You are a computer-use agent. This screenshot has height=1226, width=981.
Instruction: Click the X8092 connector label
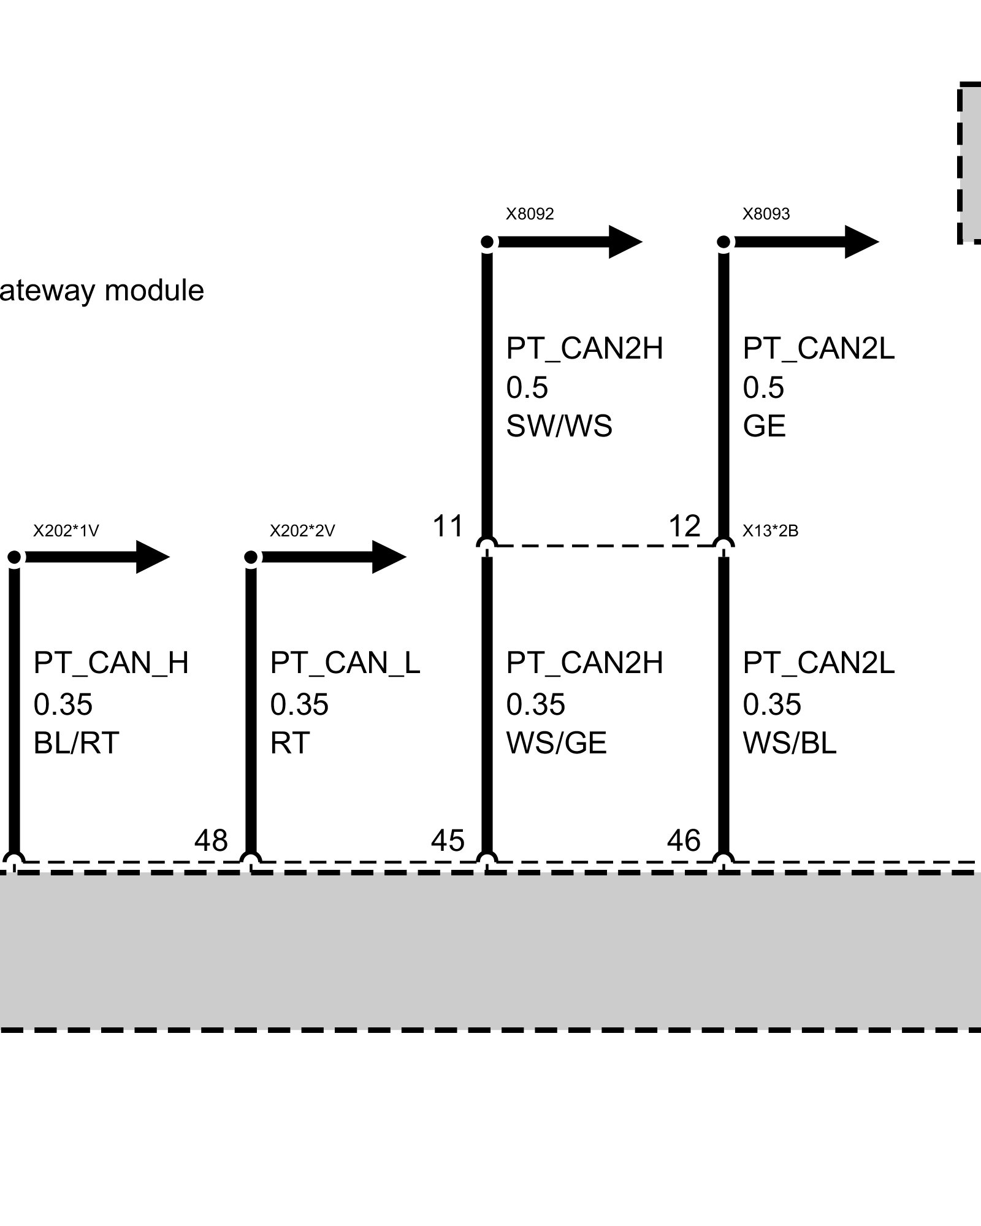tap(530, 214)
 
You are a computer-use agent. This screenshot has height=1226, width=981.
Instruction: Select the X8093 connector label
tap(766, 214)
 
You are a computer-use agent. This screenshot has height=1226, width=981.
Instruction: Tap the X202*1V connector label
tap(66, 530)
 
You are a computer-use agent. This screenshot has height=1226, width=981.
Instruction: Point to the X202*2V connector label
tap(302, 530)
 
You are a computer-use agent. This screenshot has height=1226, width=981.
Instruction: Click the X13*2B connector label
tap(771, 530)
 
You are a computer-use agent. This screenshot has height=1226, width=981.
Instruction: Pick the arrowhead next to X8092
tap(625, 242)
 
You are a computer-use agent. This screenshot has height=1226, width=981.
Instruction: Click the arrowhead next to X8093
tap(862, 242)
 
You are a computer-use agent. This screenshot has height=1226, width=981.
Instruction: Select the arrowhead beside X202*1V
tap(153, 557)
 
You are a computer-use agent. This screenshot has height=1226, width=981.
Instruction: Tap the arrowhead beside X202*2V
tap(389, 557)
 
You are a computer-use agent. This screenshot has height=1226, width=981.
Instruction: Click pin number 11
tap(448, 526)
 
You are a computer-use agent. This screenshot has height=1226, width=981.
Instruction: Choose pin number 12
tap(684, 526)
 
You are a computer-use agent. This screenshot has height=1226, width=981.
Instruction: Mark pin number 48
tap(211, 840)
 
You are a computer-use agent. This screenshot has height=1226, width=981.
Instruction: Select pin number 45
tap(448, 840)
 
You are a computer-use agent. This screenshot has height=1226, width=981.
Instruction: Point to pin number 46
tap(684, 840)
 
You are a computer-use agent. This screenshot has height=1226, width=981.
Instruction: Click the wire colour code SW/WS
tap(559, 425)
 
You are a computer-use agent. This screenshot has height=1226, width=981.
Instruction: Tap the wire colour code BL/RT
tap(76, 743)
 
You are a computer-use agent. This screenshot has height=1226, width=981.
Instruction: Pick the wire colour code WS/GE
tap(556, 743)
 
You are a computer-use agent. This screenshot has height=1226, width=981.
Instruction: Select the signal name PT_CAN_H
tap(111, 663)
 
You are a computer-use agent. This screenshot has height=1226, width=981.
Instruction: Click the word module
tap(155, 290)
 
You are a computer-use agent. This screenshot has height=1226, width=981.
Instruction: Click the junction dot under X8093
tap(723, 242)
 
